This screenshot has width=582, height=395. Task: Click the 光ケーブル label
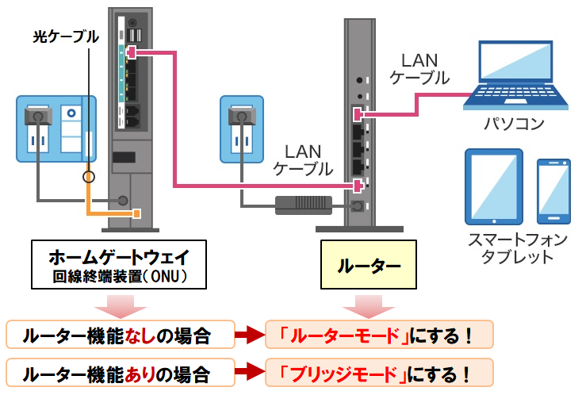[x=66, y=36]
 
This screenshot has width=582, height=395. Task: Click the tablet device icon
[x=495, y=188]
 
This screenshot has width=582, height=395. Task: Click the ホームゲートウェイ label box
[x=123, y=264]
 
